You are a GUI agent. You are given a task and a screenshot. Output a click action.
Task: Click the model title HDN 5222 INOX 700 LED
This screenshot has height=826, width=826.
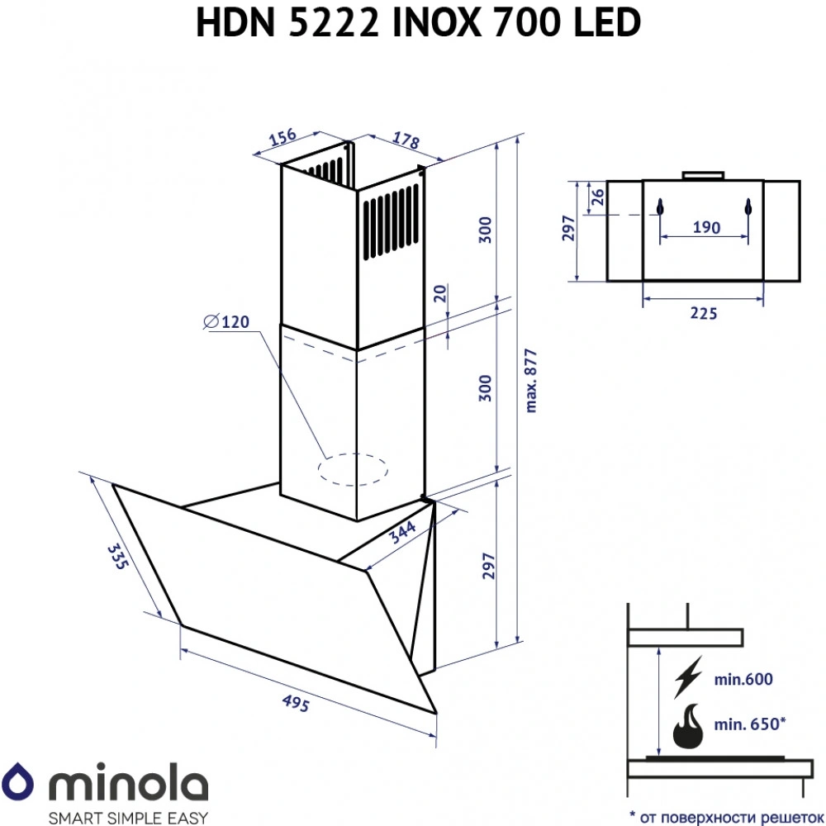(418, 23)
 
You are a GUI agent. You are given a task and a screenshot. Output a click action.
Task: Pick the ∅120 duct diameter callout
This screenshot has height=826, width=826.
(224, 323)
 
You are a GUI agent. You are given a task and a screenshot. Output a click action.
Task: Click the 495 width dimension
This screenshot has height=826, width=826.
(296, 704)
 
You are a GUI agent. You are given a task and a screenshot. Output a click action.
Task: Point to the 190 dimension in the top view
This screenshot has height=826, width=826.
(705, 227)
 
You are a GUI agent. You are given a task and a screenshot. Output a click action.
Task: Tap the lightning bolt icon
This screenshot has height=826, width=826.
(688, 677)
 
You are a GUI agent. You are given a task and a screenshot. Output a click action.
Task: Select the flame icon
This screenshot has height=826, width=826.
(688, 725)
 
